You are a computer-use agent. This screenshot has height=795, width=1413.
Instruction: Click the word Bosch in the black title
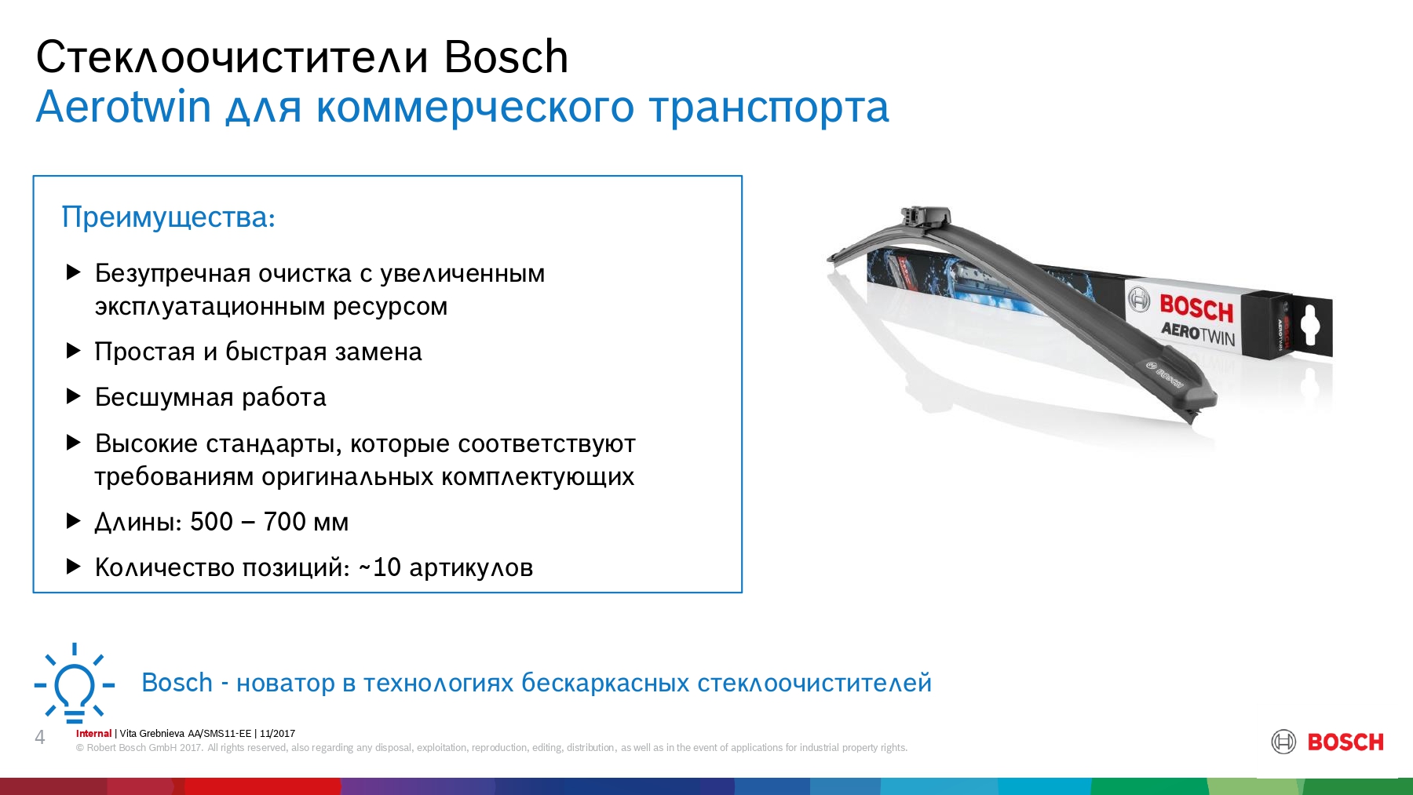[506, 57]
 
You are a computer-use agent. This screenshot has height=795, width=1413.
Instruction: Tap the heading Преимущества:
[169, 217]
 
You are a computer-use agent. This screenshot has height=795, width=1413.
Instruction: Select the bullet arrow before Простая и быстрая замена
[74, 351]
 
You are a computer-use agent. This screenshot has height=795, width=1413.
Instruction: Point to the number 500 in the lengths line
[212, 521]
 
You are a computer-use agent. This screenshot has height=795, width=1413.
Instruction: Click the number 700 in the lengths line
[285, 521]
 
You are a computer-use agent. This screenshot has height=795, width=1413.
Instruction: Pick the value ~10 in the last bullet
[379, 567]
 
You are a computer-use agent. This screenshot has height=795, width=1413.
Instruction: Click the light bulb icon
[75, 684]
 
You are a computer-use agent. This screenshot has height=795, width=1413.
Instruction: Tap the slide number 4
[40, 737]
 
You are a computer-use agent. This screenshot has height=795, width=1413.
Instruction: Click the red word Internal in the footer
[93, 734]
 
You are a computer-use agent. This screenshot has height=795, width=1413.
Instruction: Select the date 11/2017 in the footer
[277, 734]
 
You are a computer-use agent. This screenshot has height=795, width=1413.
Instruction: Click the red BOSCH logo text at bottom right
[1345, 742]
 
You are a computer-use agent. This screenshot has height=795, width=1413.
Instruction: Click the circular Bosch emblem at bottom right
[1283, 742]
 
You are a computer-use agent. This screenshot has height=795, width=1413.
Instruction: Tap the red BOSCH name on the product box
[1196, 308]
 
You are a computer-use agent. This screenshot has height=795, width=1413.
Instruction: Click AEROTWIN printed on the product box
[1198, 334]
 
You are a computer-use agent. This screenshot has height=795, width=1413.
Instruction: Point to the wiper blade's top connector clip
[926, 216]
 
